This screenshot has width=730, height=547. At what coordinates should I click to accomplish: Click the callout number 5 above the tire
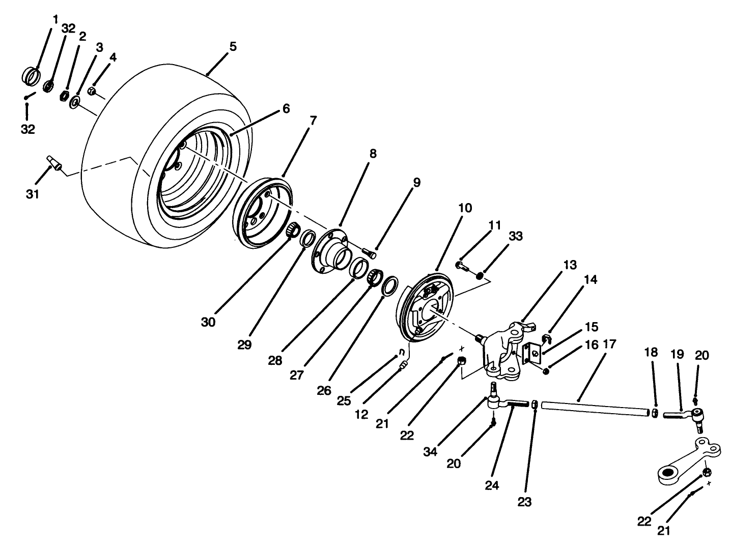[233, 47]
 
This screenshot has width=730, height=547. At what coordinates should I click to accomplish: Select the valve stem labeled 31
[54, 163]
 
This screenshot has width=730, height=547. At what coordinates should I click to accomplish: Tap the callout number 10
[465, 208]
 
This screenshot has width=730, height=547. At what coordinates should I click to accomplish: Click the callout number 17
[610, 344]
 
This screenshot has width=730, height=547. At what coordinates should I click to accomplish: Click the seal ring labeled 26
[390, 286]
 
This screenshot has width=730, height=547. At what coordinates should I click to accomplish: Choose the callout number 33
[515, 237]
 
